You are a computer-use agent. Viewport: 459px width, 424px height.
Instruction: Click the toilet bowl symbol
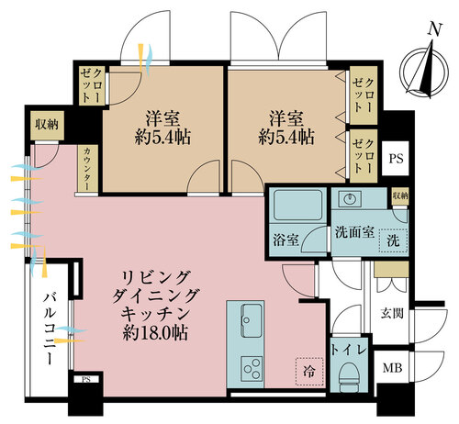click(x=349, y=376)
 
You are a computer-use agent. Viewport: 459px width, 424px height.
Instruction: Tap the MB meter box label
click(x=392, y=368)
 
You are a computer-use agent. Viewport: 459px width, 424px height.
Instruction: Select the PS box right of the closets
click(x=396, y=159)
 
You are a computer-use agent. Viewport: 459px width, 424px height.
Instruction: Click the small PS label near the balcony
click(x=86, y=380)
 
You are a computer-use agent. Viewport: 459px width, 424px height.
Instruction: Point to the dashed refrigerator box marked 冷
click(x=309, y=371)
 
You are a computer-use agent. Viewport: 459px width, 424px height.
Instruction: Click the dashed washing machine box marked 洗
click(x=393, y=240)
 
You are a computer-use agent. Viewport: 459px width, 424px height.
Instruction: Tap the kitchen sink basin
click(x=252, y=320)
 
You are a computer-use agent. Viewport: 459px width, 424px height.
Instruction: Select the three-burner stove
click(x=252, y=369)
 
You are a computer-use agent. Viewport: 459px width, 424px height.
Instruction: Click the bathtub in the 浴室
click(x=297, y=205)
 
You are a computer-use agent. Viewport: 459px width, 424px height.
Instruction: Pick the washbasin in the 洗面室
click(x=350, y=199)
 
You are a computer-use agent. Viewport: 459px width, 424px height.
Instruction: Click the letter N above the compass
click(x=435, y=30)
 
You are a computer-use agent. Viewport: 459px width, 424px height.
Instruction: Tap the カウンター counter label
click(x=87, y=169)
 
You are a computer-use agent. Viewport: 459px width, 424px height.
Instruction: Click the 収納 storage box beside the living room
click(x=48, y=125)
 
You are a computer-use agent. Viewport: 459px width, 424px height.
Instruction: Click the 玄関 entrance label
click(x=392, y=314)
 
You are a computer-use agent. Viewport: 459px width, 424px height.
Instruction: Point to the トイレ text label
click(x=349, y=350)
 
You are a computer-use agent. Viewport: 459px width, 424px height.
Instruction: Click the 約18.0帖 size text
click(x=155, y=332)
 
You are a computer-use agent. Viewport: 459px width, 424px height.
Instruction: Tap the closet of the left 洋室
click(x=92, y=86)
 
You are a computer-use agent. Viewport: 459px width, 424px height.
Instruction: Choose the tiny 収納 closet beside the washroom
click(x=400, y=195)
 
